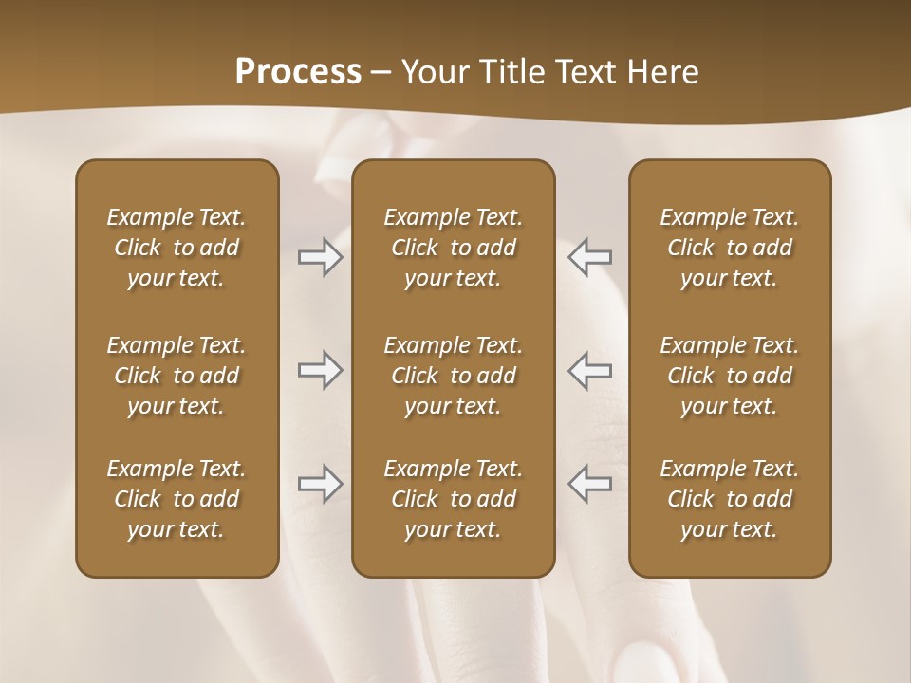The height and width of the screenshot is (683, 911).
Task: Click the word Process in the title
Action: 298,72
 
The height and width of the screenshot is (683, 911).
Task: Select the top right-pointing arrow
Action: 320,257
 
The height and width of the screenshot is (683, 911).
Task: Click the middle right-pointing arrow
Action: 320,371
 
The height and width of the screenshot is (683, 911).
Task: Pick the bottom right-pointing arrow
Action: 320,484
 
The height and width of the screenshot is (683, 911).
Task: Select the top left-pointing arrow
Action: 589,257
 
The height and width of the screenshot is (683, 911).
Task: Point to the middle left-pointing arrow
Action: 589,371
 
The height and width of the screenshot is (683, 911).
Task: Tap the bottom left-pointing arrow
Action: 589,484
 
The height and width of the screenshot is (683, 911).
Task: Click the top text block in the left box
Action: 177,248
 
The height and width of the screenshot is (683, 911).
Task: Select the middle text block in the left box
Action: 177,376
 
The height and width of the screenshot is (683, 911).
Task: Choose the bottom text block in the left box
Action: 177,499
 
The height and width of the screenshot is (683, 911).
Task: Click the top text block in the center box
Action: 454,248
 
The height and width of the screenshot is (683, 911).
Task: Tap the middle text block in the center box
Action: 454,376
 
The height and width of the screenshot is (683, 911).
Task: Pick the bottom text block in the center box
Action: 454,499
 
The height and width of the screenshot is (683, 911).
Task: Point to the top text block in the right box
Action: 730,248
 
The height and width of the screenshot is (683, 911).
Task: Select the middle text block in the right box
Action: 730,376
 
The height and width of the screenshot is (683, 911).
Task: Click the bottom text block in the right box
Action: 730,499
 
